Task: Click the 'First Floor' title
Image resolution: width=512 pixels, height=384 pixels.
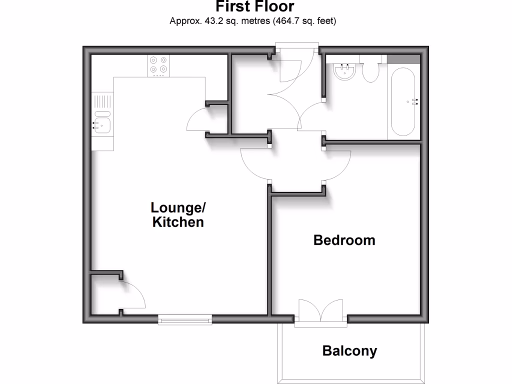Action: click(x=255, y=7)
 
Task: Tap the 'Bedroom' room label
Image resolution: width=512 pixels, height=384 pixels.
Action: click(x=344, y=240)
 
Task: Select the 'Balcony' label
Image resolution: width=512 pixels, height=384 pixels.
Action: click(x=349, y=351)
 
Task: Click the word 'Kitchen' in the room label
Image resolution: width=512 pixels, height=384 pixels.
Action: click(x=178, y=222)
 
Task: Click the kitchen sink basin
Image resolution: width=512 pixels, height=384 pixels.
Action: click(x=102, y=124)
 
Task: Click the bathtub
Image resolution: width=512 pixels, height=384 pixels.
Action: click(x=403, y=102)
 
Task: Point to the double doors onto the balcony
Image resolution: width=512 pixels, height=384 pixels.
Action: click(x=320, y=311)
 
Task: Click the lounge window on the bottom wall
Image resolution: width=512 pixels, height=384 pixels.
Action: click(x=185, y=319)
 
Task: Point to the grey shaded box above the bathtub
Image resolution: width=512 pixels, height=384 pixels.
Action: click(x=403, y=58)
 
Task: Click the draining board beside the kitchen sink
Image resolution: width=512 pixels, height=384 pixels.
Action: click(x=102, y=102)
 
